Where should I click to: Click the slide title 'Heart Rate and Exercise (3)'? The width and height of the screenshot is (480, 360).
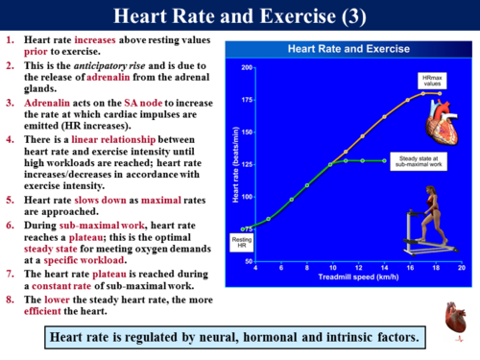pyautogui.click(x=239, y=16)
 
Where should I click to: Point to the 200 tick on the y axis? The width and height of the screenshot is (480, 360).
pyautogui.click(x=248, y=68)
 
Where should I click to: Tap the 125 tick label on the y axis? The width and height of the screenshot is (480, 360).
pyautogui.click(x=248, y=164)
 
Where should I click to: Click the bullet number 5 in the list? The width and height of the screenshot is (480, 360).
pyautogui.click(x=8, y=200)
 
